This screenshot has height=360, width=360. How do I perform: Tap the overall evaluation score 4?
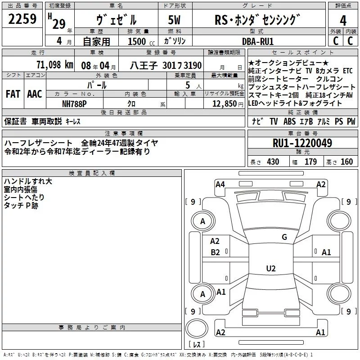click(x=343, y=20)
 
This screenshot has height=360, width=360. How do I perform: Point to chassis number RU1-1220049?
click(x=302, y=144)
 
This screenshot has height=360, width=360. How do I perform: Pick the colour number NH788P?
click(x=75, y=103)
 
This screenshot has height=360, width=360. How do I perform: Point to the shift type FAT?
click(x=13, y=94)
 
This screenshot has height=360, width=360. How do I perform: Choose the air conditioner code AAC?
click(x=35, y=94)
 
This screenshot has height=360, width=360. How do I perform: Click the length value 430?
click(x=273, y=162)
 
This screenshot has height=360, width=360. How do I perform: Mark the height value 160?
click(x=346, y=162)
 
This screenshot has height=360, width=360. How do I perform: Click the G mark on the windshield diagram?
click(x=284, y=237)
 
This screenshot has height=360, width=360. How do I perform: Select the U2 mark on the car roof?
click(x=270, y=269)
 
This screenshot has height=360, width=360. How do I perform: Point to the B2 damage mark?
click(x=216, y=252)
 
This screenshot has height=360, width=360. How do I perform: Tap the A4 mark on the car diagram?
click(x=220, y=184)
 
